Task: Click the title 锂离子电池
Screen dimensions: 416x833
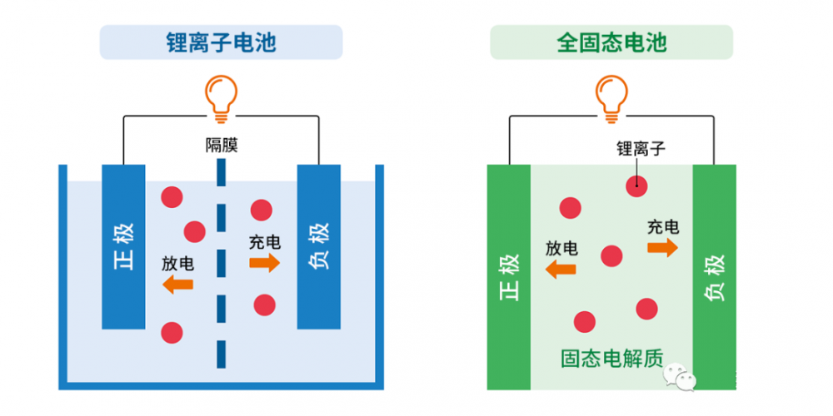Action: click(221, 42)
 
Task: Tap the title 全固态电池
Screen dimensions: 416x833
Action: click(611, 42)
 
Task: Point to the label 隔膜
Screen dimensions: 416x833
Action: click(222, 146)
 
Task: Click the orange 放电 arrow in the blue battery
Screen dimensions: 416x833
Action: click(178, 285)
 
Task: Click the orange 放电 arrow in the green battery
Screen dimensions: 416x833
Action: click(561, 269)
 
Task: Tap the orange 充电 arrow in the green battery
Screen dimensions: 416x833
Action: click(663, 247)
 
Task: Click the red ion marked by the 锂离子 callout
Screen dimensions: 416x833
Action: click(637, 186)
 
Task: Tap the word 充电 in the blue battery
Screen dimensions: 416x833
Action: click(265, 243)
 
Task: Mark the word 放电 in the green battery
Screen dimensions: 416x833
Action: click(561, 248)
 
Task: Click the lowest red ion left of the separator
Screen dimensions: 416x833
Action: click(172, 332)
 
